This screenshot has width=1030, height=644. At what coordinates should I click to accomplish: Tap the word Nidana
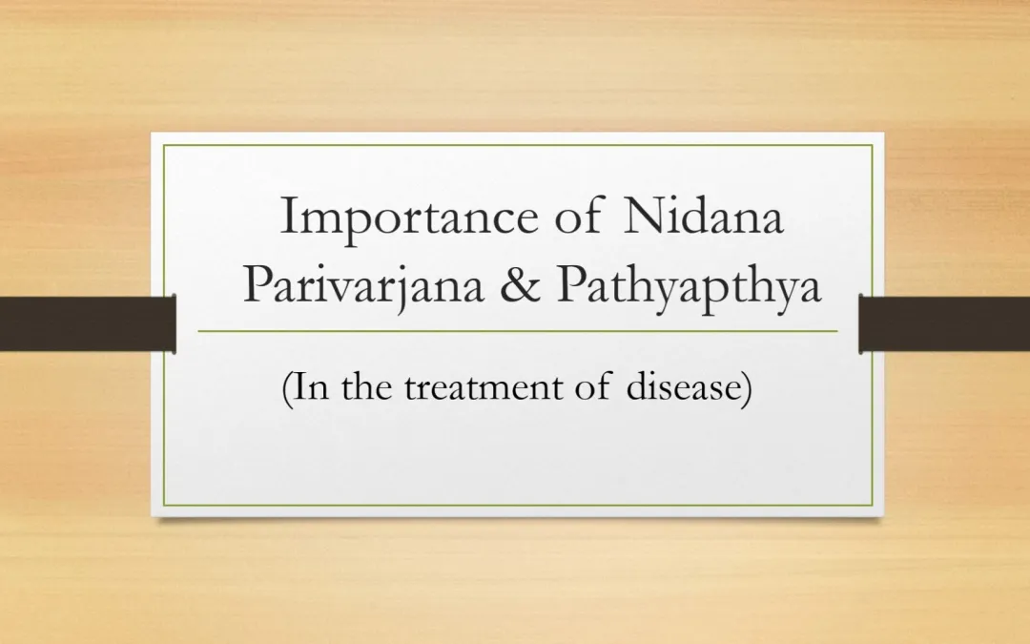click(x=703, y=216)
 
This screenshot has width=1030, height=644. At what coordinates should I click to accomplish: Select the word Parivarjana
click(x=363, y=286)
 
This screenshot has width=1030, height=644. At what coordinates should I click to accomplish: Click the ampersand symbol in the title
click(x=520, y=284)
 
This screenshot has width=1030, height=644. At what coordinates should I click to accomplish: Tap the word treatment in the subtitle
click(x=484, y=387)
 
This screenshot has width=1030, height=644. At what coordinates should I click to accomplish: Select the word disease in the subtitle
click(x=684, y=385)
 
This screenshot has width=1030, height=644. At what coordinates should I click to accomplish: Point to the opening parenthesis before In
click(x=286, y=388)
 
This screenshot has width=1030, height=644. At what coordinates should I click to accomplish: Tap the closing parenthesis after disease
click(x=748, y=388)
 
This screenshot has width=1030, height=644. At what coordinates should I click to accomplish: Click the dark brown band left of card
click(x=88, y=323)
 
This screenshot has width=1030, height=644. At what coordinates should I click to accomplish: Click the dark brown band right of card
click(x=944, y=323)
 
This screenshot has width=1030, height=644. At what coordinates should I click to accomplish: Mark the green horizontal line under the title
click(x=518, y=331)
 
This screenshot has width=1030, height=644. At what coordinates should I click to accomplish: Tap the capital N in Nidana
click(x=643, y=216)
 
